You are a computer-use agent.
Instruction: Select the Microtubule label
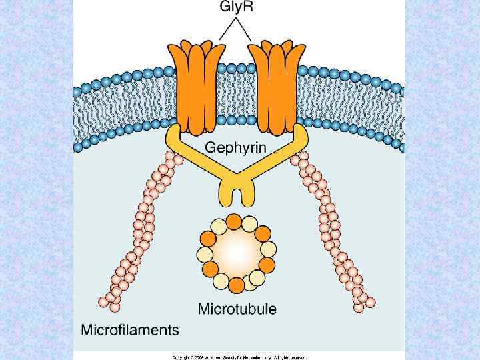click(x=237, y=309)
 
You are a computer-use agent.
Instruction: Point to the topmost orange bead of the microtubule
click(x=234, y=221)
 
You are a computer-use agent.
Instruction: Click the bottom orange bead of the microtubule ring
click(x=237, y=285)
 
